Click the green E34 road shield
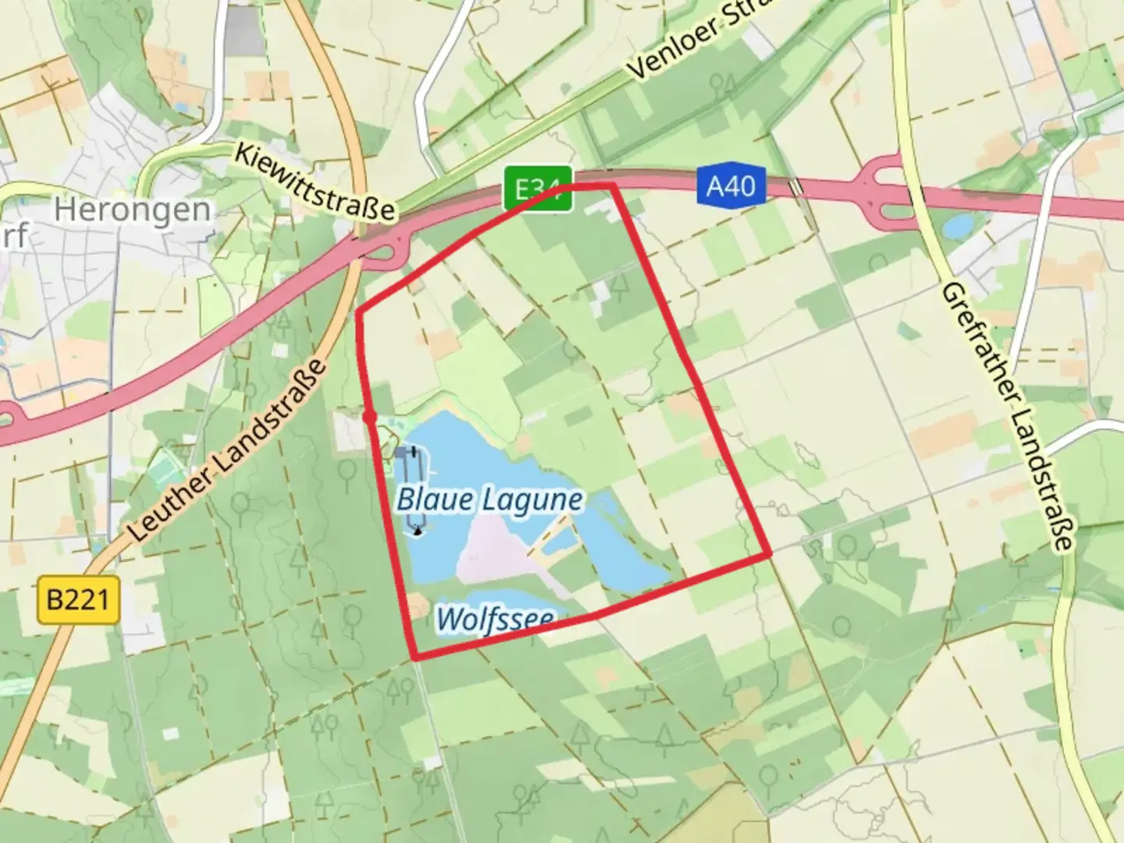click(x=538, y=188)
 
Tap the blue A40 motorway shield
click(x=731, y=186)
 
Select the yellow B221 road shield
click(x=78, y=600)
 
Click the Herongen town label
click(x=133, y=209)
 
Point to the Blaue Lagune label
click(x=489, y=500)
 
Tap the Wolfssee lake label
click(x=495, y=620)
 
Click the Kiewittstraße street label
click(x=317, y=182)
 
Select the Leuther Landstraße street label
click(x=227, y=452)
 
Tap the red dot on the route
click(x=370, y=418)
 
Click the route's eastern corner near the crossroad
click(x=769, y=554)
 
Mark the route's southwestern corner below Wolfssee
click(x=414, y=658)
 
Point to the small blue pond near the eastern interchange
click(x=957, y=226)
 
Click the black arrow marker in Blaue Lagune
click(x=418, y=532)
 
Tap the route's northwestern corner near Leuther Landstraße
click(x=359, y=313)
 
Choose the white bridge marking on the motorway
click(x=795, y=188)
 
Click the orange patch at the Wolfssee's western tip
click(x=418, y=606)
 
